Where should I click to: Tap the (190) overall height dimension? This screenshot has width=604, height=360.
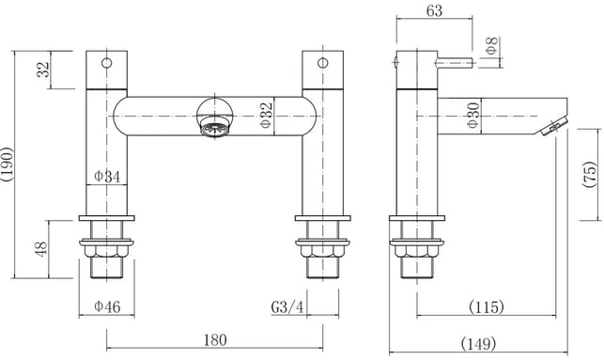[x=7, y=164]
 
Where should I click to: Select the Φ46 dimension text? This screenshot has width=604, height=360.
[x=107, y=306]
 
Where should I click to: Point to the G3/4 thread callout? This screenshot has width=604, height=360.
[x=287, y=306]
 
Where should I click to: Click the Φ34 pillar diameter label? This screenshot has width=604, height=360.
[x=107, y=177]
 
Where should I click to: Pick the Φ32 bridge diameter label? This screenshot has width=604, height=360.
[x=266, y=114]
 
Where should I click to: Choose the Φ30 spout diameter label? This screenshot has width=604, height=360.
[x=472, y=115]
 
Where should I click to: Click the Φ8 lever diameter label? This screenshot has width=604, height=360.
[x=491, y=46]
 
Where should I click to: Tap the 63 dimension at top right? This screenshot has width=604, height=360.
[x=434, y=10]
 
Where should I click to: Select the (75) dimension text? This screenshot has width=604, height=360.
[x=589, y=175]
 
